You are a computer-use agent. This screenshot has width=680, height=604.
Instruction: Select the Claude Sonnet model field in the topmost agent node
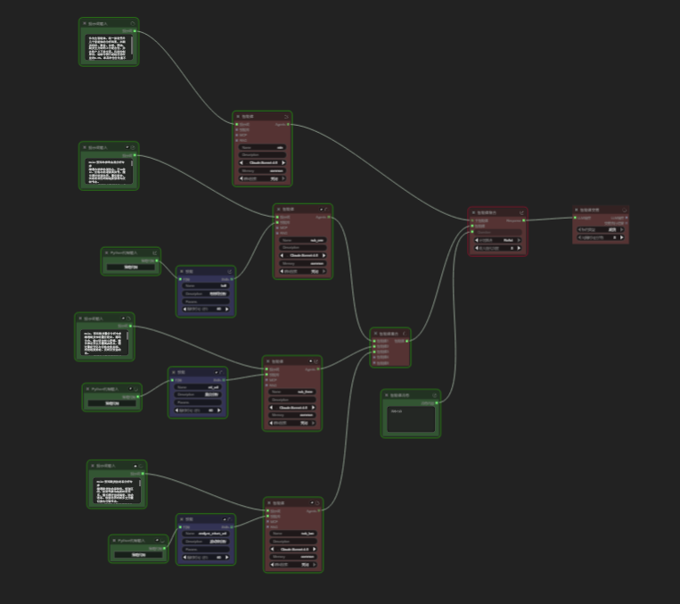[x=264, y=162]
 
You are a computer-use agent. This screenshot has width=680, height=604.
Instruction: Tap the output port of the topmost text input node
[x=135, y=30]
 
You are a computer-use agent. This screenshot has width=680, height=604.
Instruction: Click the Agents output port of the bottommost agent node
[x=320, y=511]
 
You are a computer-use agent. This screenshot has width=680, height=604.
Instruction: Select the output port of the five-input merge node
[x=408, y=341]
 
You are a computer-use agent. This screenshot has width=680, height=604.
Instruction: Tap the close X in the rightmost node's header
[x=626, y=212]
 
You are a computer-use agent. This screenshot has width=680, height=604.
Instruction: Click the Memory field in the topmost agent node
[x=264, y=170]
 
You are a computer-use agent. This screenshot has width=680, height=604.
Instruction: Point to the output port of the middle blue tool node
[x=224, y=379]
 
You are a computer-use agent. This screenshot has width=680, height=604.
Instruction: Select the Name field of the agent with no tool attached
[x=264, y=146]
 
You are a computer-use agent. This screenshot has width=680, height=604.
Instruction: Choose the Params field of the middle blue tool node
[x=199, y=401]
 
